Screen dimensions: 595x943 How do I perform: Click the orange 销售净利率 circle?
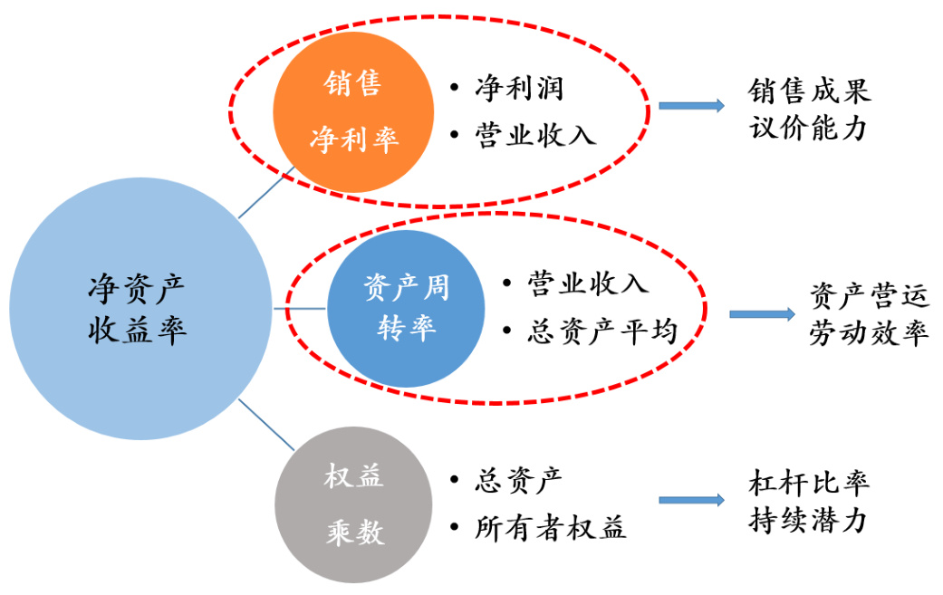(352, 112)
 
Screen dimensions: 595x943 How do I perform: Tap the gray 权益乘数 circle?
(353, 504)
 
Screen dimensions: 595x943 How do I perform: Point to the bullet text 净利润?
(519, 88)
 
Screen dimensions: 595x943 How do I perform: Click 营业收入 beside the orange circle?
(535, 135)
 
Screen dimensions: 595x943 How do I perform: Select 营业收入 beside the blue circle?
(588, 283)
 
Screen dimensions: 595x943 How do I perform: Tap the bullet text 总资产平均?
(602, 331)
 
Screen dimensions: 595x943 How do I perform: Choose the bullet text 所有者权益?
(550, 528)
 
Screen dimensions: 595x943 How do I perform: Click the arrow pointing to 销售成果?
(691, 106)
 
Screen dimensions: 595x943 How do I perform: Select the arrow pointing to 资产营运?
(762, 314)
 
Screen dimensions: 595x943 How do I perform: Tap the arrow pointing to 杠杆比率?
(691, 500)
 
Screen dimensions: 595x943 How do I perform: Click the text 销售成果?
(809, 91)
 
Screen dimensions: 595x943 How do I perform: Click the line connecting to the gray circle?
(266, 424)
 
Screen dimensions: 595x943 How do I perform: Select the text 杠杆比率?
(809, 483)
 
